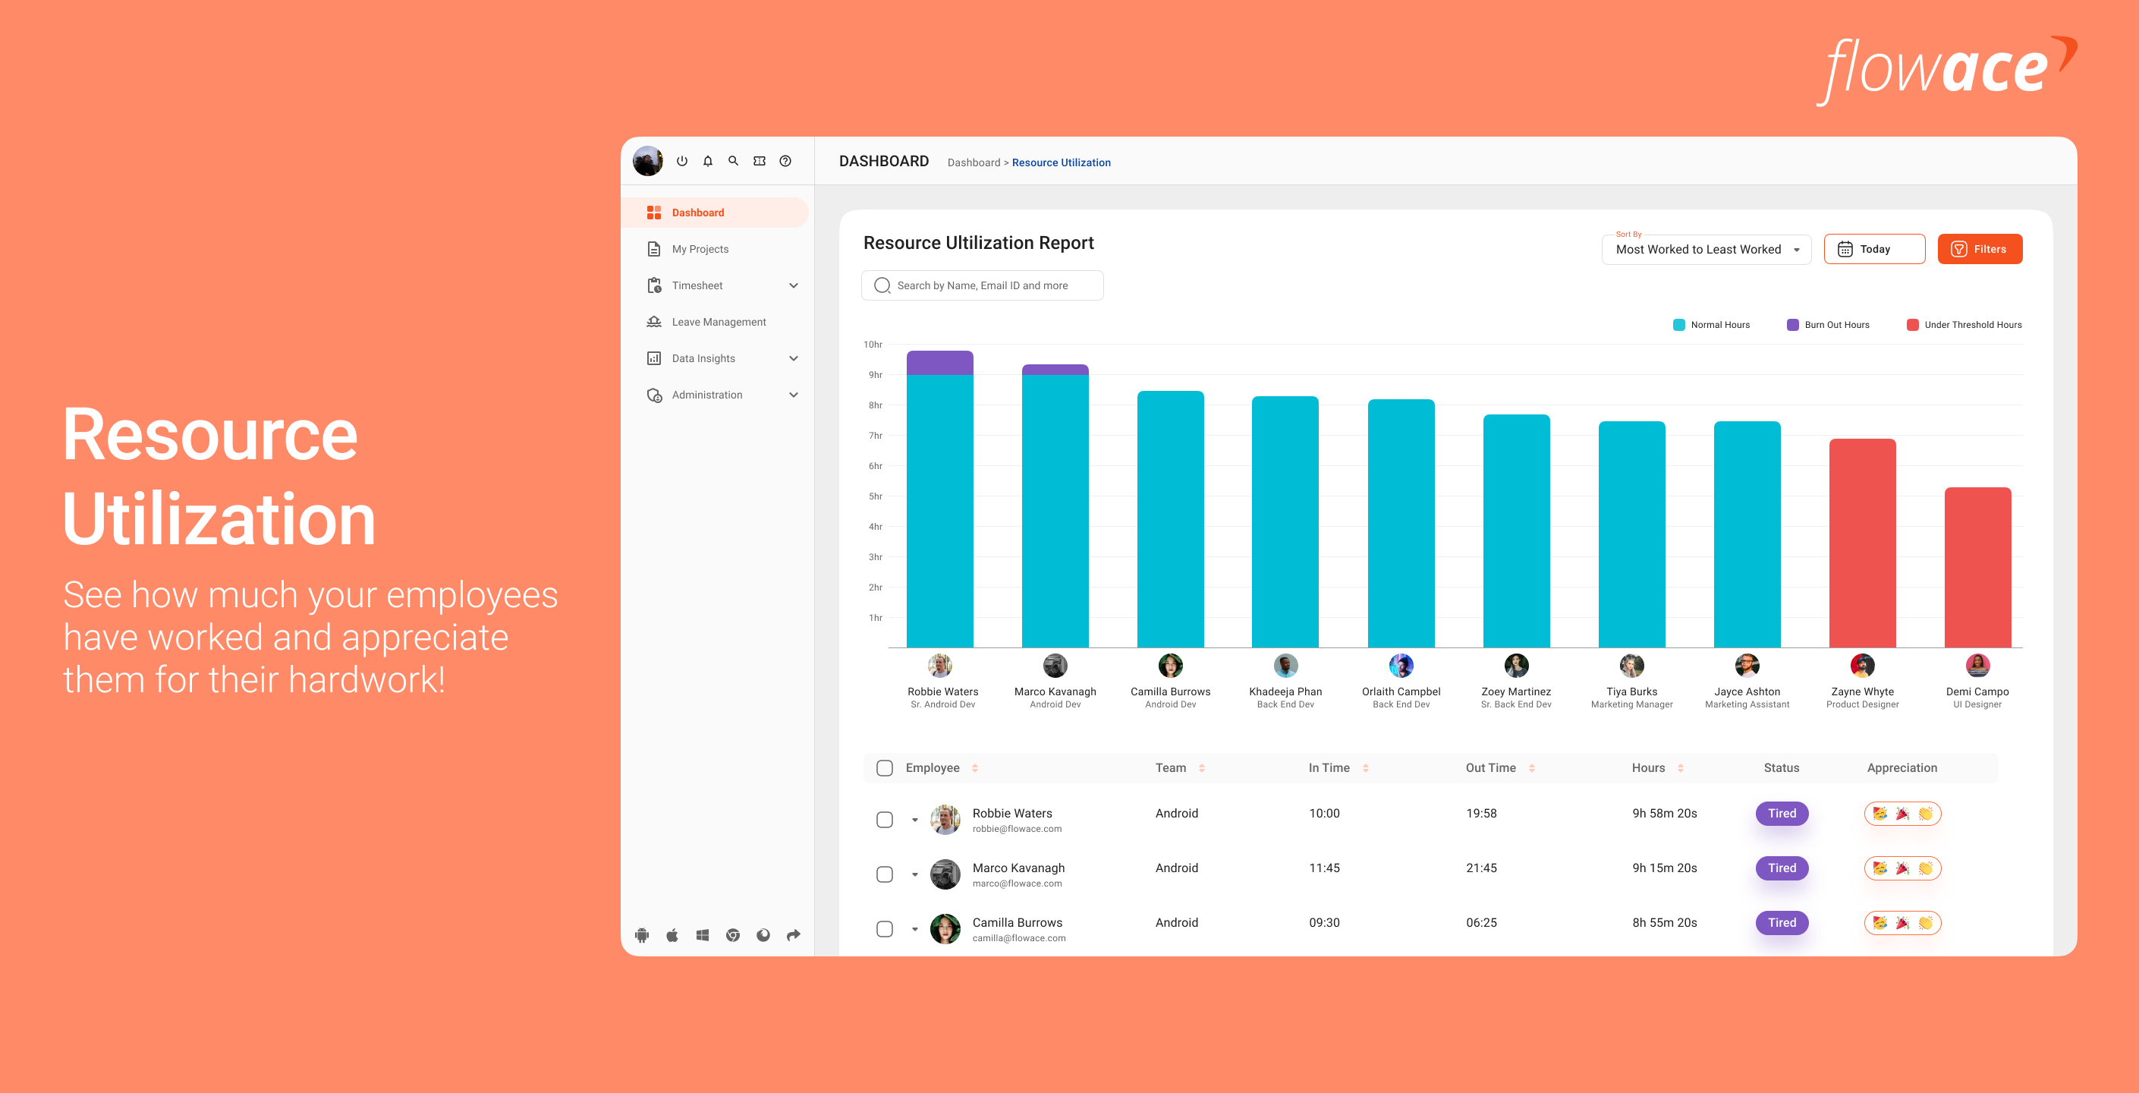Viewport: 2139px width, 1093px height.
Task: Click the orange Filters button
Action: tap(1979, 249)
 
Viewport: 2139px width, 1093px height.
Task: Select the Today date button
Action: tap(1873, 249)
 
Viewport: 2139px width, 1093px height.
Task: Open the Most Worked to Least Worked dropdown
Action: tap(1706, 249)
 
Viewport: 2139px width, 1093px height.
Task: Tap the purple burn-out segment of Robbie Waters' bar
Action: tap(939, 363)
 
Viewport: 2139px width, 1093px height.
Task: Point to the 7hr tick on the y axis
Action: tap(875, 436)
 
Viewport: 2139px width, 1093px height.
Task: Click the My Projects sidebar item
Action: tap(700, 249)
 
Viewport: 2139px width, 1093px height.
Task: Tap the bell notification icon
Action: tap(707, 161)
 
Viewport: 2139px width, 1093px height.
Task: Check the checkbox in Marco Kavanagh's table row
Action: tap(884, 874)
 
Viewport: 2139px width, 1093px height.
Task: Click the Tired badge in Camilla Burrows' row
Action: tap(1781, 923)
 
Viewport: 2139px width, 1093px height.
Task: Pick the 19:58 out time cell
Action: tap(1480, 813)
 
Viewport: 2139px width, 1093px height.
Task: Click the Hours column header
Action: tap(1648, 768)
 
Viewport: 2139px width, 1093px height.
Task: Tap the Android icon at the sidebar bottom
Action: tap(642, 935)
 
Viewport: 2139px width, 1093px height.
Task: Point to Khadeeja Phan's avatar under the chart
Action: tap(1285, 665)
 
